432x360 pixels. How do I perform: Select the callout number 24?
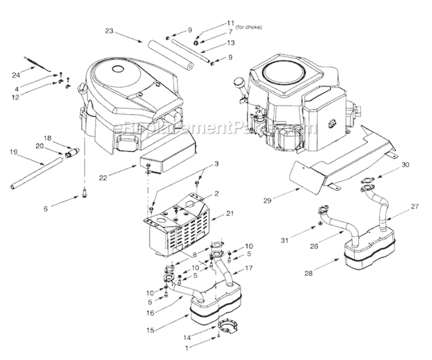(x=16, y=74)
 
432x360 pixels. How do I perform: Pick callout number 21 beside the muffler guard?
(x=214, y=213)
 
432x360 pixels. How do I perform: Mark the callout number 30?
(x=406, y=164)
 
